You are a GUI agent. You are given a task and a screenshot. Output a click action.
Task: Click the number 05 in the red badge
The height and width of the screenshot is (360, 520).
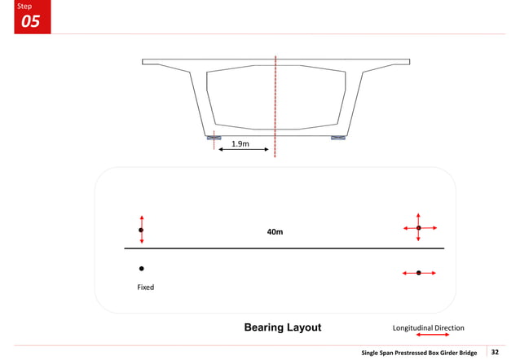pos(30,22)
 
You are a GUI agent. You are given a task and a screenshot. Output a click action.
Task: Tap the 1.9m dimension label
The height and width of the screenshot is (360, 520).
pos(240,143)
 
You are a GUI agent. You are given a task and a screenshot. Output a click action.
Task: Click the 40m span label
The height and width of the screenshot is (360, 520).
pos(275,232)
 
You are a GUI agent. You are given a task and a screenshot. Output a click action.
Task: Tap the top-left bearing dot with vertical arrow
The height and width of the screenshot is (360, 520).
pos(141,230)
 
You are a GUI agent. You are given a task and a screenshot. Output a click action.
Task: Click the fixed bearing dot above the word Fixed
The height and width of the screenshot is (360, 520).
pos(141,268)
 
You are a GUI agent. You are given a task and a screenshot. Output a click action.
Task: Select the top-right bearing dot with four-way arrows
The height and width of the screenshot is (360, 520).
pos(419,228)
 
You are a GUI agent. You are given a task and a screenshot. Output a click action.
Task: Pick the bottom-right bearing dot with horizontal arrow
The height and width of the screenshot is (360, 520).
pos(419,273)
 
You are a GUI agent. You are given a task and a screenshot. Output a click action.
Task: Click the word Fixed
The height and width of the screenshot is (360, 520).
pos(145,288)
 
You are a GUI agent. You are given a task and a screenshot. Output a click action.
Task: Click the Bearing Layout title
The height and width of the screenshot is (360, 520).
pos(283,327)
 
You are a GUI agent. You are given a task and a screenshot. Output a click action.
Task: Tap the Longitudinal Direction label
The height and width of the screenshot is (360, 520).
pos(428,328)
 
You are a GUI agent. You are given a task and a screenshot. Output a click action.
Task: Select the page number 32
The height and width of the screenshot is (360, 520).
pos(494,352)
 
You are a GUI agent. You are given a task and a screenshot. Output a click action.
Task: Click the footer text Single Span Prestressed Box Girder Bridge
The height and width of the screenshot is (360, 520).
pos(419,352)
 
